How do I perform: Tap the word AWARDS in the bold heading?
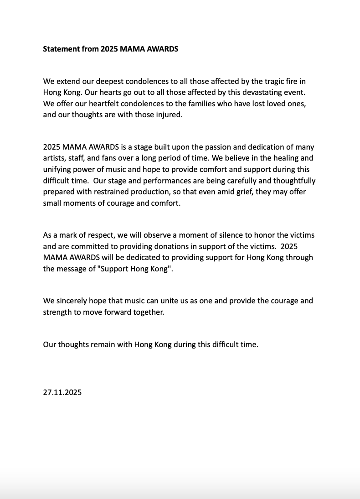(162, 49)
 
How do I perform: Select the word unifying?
(58, 169)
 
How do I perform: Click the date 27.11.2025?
(62, 392)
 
